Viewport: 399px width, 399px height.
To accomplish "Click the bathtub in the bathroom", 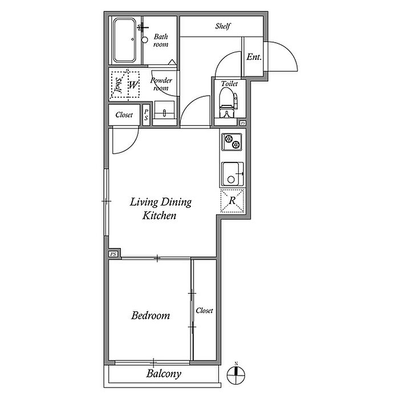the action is pyautogui.click(x=124, y=40).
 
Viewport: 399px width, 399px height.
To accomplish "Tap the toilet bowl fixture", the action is pyautogui.click(x=228, y=103).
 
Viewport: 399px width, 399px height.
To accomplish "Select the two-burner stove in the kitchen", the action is pyautogui.click(x=231, y=142).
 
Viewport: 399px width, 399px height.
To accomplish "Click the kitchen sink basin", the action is pyautogui.click(x=232, y=174).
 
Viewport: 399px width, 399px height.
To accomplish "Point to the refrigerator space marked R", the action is pyautogui.click(x=233, y=201).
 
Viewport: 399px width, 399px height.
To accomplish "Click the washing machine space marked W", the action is pyautogui.click(x=133, y=85).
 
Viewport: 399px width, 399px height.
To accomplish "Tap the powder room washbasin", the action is pyautogui.click(x=164, y=109).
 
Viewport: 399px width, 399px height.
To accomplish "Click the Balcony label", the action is pyautogui.click(x=164, y=374).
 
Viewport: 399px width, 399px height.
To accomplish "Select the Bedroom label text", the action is pyautogui.click(x=150, y=316).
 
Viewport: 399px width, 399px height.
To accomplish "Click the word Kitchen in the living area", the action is pyautogui.click(x=159, y=215).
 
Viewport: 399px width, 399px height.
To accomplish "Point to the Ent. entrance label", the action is pyautogui.click(x=254, y=57).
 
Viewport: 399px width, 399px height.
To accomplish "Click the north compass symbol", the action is pyautogui.click(x=236, y=375).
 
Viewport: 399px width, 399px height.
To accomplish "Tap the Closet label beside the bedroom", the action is pyautogui.click(x=204, y=311).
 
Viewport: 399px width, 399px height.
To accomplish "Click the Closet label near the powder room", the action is pyautogui.click(x=124, y=115).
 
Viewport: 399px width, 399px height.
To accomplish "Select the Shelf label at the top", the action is pyautogui.click(x=223, y=26).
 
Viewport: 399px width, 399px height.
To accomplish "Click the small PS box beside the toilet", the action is pyautogui.click(x=243, y=123).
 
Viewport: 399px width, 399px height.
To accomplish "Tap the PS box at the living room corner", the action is pyautogui.click(x=113, y=254).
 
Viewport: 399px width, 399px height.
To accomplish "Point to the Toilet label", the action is pyautogui.click(x=229, y=83).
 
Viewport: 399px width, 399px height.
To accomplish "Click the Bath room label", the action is pyautogui.click(x=161, y=40).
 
